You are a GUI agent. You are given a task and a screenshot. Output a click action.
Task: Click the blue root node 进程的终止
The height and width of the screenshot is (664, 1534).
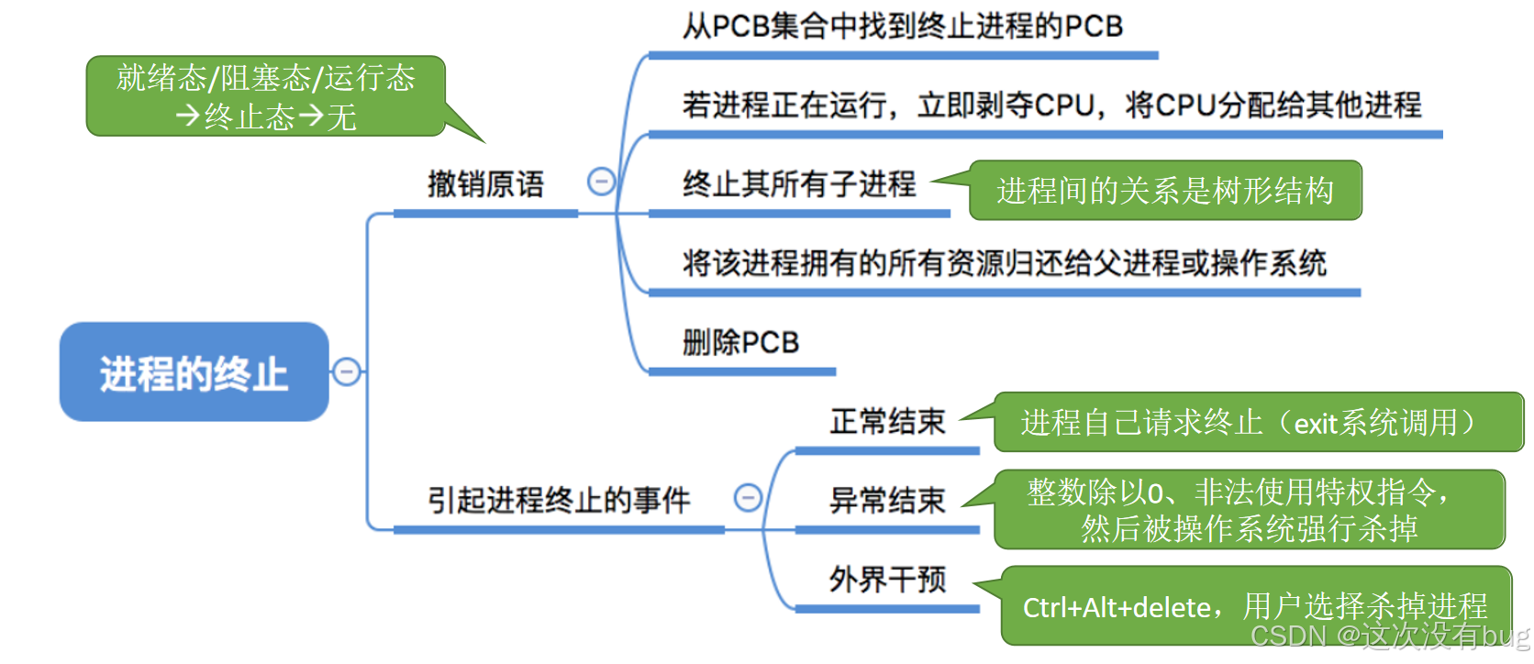coord(194,372)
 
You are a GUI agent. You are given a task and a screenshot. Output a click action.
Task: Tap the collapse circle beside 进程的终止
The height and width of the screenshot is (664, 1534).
coord(346,371)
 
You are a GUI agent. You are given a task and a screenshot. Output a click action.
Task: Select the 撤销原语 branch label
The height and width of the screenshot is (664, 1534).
coord(485,184)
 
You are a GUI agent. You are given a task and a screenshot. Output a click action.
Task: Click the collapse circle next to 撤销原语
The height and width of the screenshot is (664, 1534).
coord(601,182)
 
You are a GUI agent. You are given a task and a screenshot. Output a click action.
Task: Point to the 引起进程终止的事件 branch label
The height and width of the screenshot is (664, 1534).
coord(559,501)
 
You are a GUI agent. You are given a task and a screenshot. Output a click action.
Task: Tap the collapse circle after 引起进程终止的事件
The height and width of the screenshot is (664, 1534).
coord(748,498)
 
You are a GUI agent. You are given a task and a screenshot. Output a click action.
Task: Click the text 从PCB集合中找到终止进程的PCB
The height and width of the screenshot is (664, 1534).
coord(903,27)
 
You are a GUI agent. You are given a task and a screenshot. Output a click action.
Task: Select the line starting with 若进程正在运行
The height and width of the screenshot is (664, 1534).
coord(1051,105)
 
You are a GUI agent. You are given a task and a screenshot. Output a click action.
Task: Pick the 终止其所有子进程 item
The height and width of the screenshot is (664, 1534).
coord(799,184)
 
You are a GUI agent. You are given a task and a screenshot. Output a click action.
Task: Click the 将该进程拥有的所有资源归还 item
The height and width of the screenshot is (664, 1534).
coord(1005,264)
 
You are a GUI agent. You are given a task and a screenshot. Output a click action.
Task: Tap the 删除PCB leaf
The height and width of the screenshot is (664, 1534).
coord(741,343)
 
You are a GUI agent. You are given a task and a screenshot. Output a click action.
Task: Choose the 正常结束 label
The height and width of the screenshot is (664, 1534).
coord(887,422)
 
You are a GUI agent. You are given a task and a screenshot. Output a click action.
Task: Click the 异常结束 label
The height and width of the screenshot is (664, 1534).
coord(887,501)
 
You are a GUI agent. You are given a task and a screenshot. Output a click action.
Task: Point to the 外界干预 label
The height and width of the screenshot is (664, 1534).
coord(887,580)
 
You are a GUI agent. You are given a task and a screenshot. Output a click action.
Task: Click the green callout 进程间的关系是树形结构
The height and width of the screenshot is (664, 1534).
coord(1165,191)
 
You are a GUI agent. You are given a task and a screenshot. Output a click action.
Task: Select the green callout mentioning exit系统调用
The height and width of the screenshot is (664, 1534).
coord(1257,423)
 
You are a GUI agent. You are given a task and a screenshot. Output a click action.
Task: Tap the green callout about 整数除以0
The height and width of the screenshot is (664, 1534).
coord(1250,510)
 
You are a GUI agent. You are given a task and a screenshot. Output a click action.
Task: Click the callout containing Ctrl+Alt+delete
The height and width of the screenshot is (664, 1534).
coord(1255,605)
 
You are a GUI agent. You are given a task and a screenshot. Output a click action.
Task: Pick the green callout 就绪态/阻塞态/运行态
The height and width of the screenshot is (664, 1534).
coord(266,96)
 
